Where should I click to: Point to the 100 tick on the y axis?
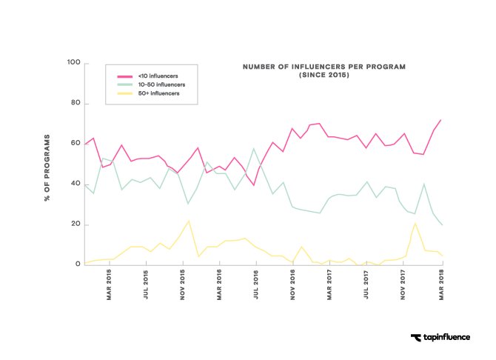73,63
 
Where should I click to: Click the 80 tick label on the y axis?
75,103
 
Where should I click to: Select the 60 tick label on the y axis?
75,143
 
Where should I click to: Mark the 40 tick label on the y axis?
75,184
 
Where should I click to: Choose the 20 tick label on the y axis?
75,224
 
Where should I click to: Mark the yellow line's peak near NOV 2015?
189,221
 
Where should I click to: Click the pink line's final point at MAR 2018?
441,119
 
